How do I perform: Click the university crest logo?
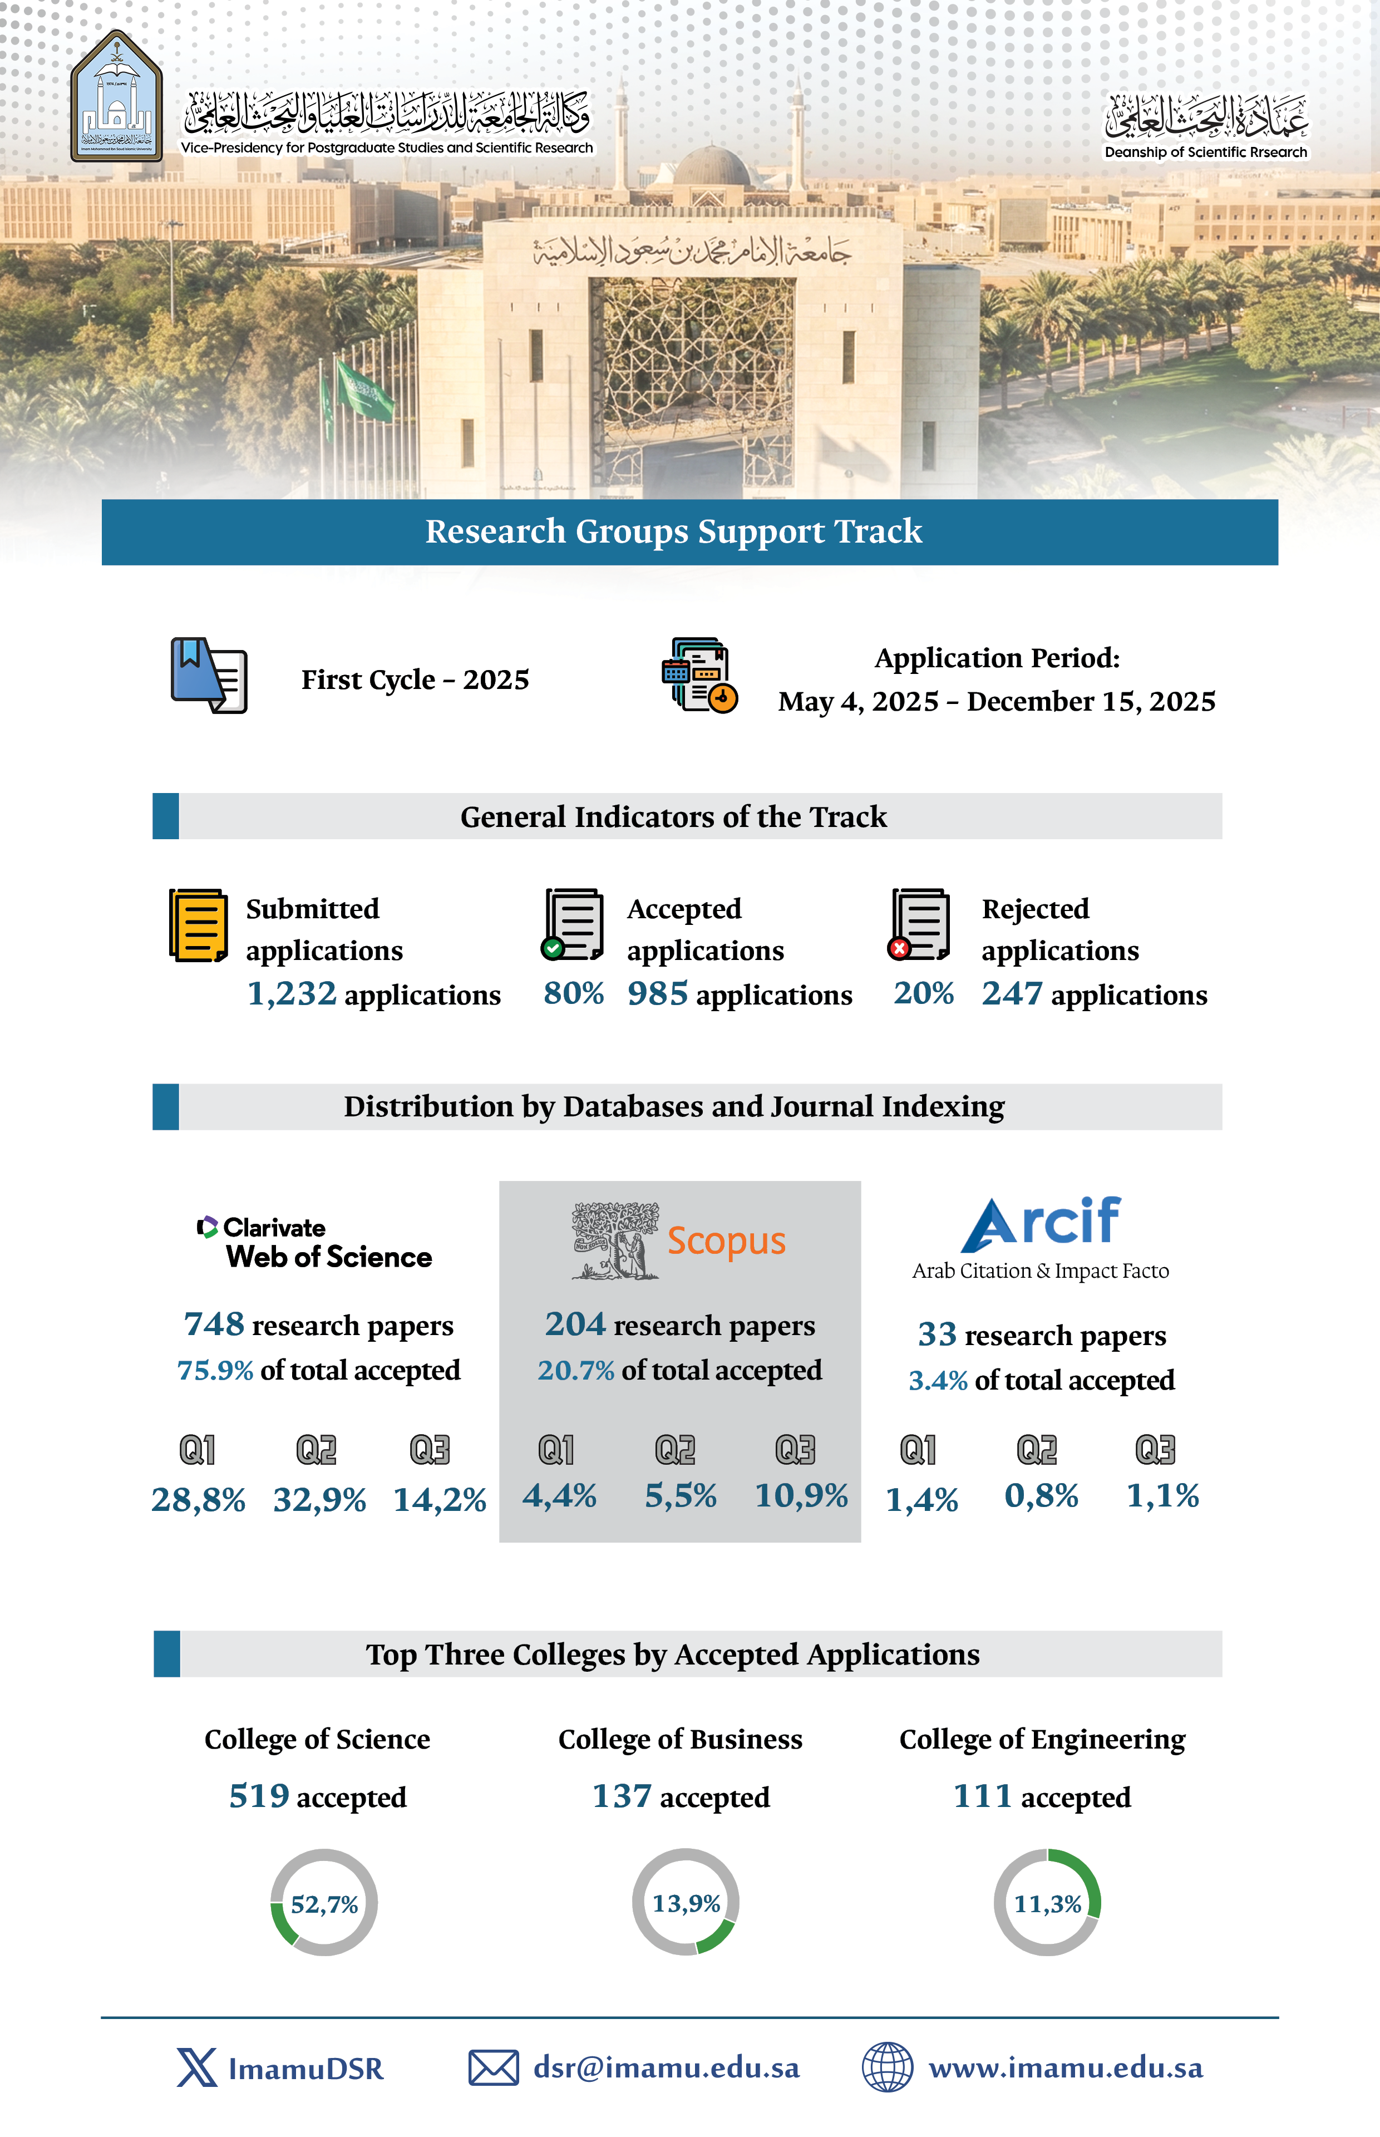(x=116, y=97)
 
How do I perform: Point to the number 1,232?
(x=291, y=994)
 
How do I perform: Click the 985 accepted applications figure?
(x=658, y=994)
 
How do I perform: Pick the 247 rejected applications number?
(x=1012, y=994)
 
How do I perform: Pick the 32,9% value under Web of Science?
(x=320, y=1500)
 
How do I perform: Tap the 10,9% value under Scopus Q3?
(x=801, y=1495)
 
